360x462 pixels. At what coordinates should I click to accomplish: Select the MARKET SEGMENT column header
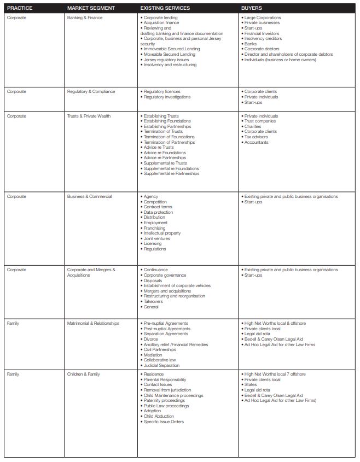pos(91,9)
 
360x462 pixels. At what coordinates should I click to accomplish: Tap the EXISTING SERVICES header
pos(165,9)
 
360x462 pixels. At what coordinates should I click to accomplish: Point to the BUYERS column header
pos(252,9)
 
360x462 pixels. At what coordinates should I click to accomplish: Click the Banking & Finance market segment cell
pos(85,17)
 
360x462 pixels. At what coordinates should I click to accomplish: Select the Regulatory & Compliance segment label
pos(91,91)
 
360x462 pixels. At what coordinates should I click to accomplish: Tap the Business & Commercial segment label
pos(89,196)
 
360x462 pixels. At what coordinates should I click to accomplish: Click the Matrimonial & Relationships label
pos(93,323)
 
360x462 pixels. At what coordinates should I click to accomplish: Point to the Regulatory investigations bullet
pos(167,97)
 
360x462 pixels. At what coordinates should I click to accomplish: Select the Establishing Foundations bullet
pos(167,121)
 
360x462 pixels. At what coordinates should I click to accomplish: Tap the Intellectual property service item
pos(162,233)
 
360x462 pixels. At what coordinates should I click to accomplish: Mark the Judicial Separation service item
pos(161,365)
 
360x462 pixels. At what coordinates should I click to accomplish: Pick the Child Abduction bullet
pos(159,416)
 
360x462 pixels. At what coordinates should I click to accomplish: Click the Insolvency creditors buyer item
pos(265,39)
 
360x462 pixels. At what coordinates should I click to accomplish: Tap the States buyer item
pos(250,384)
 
